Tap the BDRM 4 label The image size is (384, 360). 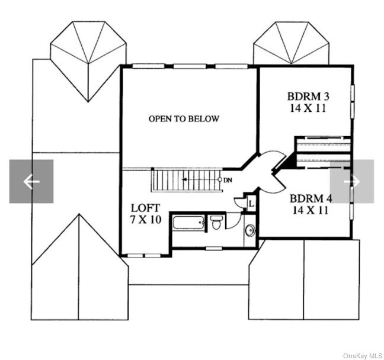(x=309, y=198)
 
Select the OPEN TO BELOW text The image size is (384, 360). (x=184, y=118)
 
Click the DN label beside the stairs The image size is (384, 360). (x=228, y=179)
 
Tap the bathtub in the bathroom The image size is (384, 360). (x=189, y=226)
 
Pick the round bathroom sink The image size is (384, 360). (x=249, y=230)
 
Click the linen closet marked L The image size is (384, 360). (x=251, y=204)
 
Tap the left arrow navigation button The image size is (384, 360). (x=31, y=181)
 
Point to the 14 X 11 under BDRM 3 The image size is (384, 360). (x=307, y=108)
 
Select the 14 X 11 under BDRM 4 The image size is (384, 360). (x=309, y=210)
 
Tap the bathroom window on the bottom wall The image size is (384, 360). (x=213, y=247)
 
